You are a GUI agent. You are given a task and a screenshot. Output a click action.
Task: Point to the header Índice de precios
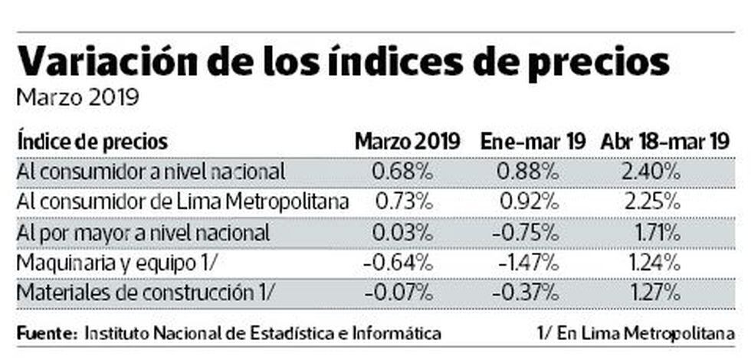pos(92,142)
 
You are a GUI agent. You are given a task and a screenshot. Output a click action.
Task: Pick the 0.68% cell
pos(403,171)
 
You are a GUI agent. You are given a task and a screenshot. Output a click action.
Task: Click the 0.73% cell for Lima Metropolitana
pos(403,201)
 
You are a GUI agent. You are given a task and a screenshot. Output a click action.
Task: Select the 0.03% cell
pos(403,231)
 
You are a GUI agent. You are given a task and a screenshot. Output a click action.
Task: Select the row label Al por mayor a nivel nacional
pos(142,231)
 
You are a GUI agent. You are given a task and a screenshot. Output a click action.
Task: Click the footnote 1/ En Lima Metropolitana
pos(635,334)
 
